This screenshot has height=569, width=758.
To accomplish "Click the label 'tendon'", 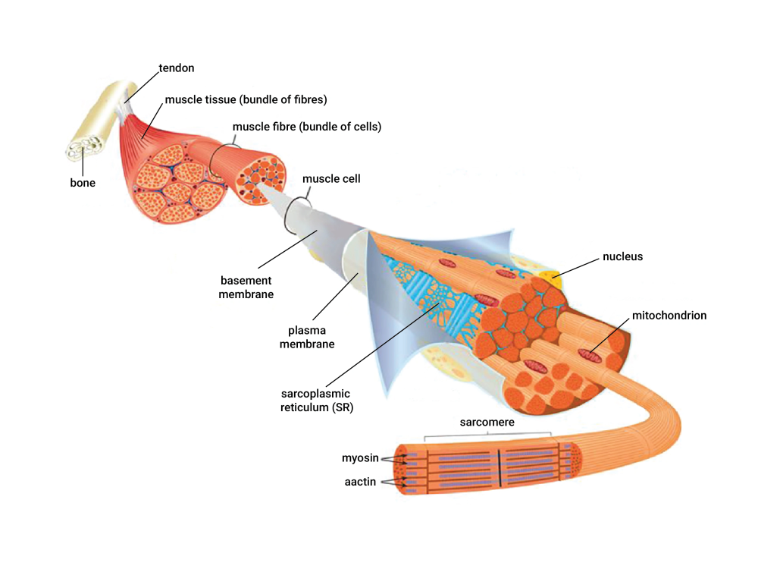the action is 177,68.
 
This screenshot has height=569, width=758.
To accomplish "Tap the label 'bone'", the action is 83,183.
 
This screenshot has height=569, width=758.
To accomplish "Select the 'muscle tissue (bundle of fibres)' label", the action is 246,99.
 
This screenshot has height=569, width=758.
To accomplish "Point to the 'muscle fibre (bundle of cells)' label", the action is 307,127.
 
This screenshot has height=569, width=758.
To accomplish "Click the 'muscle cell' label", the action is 332,179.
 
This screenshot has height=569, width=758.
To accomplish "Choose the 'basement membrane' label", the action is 246,288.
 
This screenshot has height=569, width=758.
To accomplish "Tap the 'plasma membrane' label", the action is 307,338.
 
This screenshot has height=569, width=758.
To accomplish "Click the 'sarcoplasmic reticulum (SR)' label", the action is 317,401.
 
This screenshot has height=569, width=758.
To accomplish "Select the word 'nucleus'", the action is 622,256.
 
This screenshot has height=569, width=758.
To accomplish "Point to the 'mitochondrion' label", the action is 669,316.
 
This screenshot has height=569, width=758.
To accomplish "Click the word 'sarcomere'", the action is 487,422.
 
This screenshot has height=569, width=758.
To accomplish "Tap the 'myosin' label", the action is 360,458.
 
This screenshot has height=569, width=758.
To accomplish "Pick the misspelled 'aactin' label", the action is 360,482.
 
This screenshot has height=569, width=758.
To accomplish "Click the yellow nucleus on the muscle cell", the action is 550,278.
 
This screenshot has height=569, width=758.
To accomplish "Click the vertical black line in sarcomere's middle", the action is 500,468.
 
